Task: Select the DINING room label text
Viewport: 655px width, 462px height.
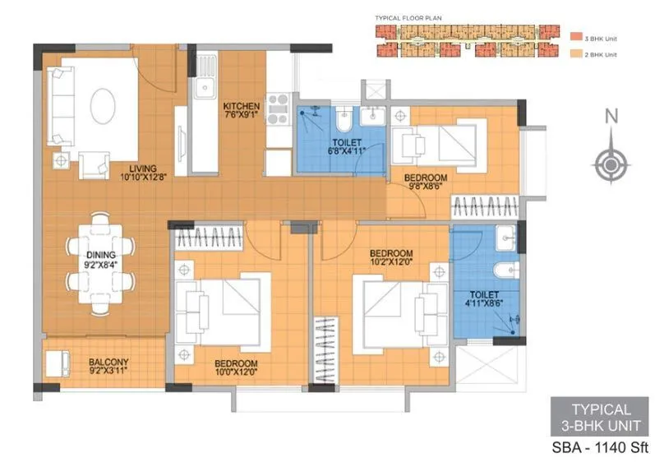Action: [x=101, y=261]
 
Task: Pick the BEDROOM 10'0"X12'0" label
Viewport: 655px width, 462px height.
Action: [x=236, y=367]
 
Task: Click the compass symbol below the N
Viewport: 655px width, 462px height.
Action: [x=611, y=164]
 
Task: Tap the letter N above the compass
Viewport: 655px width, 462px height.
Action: [x=611, y=118]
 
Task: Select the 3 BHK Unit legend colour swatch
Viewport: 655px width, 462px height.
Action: [x=574, y=37]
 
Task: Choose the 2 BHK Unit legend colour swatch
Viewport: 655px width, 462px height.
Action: [x=574, y=54]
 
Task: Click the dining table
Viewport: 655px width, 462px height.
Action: [x=100, y=259]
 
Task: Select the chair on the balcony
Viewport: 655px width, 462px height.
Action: [x=58, y=362]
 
